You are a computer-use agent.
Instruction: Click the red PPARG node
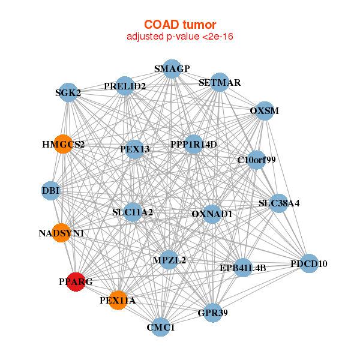pyautogui.click(x=76, y=281)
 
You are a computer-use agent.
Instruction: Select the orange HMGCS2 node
pyautogui.click(x=63, y=144)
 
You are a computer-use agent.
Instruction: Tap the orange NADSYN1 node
pyautogui.click(x=61, y=232)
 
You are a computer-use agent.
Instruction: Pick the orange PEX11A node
pyautogui.click(x=118, y=300)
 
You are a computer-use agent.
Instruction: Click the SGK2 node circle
pyautogui.click(x=69, y=92)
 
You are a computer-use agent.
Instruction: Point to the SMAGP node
pyautogui.click(x=172, y=68)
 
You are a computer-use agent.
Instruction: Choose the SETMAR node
pyautogui.click(x=220, y=82)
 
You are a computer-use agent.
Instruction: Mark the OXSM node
pyautogui.click(x=264, y=110)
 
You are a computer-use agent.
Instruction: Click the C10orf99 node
pyautogui.click(x=257, y=160)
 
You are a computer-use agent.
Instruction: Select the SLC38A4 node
pyautogui.click(x=278, y=203)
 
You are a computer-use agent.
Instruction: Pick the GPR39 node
pyautogui.click(x=212, y=313)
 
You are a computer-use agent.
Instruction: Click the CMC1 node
pyautogui.click(x=160, y=327)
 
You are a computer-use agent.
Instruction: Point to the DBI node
pyautogui.click(x=51, y=190)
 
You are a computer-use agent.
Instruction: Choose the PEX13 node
pyautogui.click(x=134, y=149)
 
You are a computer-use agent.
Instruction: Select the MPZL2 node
pyautogui.click(x=169, y=260)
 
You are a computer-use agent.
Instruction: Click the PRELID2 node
pyautogui.click(x=125, y=86)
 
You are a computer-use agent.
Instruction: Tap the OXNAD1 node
pyautogui.click(x=212, y=214)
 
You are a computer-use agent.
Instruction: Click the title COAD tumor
pyautogui.click(x=179, y=25)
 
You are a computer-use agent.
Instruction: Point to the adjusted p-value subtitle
pyautogui.click(x=179, y=37)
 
